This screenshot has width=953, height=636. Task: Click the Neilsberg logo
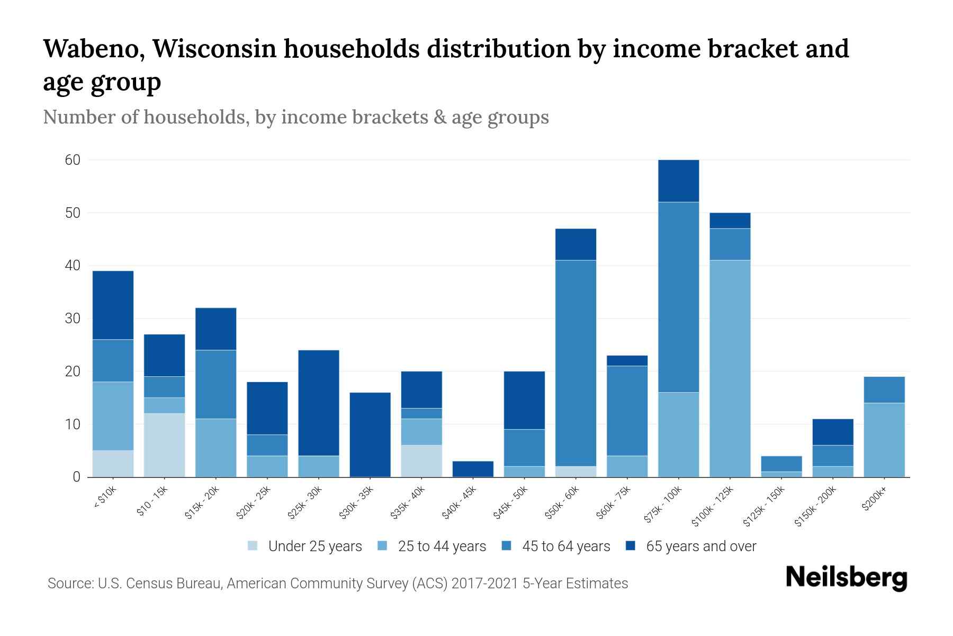[846, 578]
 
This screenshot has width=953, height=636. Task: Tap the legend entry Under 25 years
[314, 546]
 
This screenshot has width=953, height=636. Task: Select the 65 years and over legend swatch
[630, 546]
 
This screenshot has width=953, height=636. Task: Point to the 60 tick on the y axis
[73, 160]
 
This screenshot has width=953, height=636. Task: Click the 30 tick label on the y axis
[73, 319]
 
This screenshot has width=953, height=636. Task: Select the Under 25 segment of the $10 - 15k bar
[165, 445]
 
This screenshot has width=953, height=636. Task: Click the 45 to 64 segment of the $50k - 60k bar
[576, 363]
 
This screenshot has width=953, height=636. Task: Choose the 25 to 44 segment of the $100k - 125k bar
[730, 368]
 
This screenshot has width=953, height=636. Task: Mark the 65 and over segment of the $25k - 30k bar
[319, 403]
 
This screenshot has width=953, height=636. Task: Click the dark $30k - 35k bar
[370, 435]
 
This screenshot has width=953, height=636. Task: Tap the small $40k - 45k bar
[473, 469]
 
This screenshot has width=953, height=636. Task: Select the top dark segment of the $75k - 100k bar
[679, 181]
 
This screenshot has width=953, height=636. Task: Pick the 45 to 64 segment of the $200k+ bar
[884, 390]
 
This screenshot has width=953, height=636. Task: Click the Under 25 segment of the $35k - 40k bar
[421, 461]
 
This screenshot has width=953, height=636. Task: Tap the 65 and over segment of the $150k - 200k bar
[833, 432]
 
